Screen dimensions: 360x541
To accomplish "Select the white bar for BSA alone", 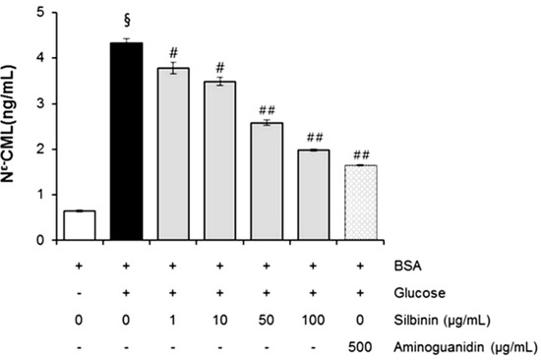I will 79,225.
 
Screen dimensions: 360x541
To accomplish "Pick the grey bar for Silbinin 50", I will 267,181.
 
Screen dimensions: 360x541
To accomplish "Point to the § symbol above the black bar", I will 126,25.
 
